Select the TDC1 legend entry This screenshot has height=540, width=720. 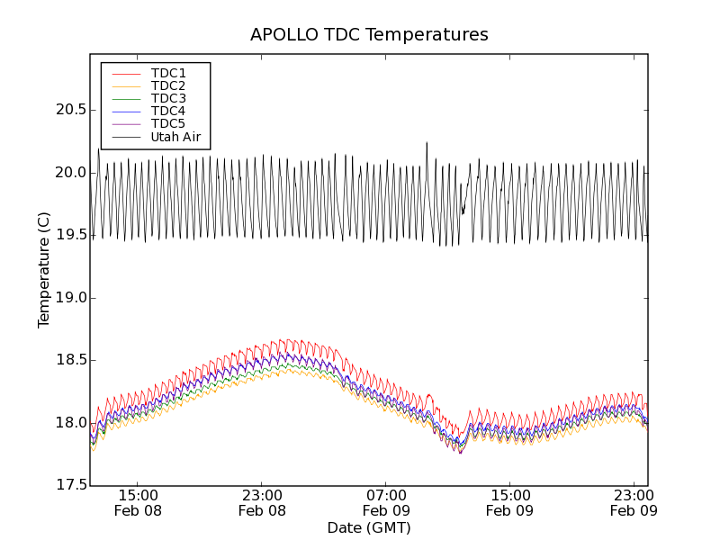pyautogui.click(x=168, y=73)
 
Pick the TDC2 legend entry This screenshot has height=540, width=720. pyautogui.click(x=168, y=85)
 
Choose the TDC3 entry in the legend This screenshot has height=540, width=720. pyautogui.click(x=168, y=98)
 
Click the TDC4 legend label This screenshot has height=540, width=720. pyautogui.click(x=168, y=112)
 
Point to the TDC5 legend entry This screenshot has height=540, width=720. pyautogui.click(x=168, y=124)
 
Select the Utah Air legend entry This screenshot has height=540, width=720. pyautogui.click(x=175, y=138)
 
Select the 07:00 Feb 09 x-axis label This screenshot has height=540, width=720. pyautogui.click(x=386, y=502)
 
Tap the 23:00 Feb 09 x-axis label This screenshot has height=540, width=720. pyautogui.click(x=634, y=502)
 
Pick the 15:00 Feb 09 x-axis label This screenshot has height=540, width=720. pyautogui.click(x=509, y=502)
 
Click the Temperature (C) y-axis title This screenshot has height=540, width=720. pyautogui.click(x=44, y=270)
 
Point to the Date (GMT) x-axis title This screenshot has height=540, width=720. pyautogui.click(x=369, y=527)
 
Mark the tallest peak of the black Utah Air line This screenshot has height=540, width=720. pyautogui.click(x=427, y=142)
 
